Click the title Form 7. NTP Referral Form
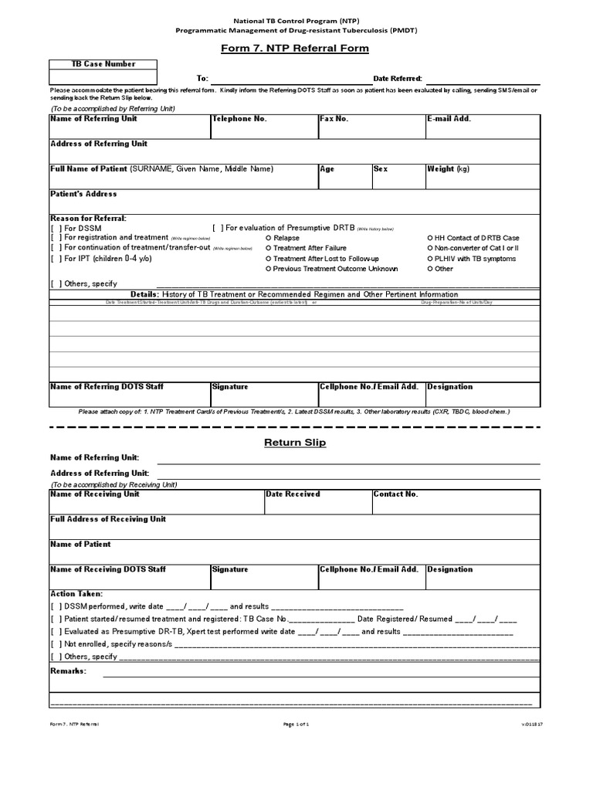point(296,49)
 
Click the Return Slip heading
point(295,443)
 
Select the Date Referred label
point(398,79)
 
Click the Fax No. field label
point(334,119)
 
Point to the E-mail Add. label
point(449,119)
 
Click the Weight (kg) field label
point(448,168)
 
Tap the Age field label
point(327,168)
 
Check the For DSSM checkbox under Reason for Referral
point(56,229)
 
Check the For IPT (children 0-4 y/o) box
point(56,259)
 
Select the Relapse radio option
point(268,239)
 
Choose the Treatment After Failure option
point(268,249)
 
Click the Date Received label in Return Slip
point(293,494)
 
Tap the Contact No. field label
point(395,494)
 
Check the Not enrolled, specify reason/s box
point(56,643)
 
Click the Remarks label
point(68,670)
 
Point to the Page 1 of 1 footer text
point(296,724)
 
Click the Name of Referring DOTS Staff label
point(107,386)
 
